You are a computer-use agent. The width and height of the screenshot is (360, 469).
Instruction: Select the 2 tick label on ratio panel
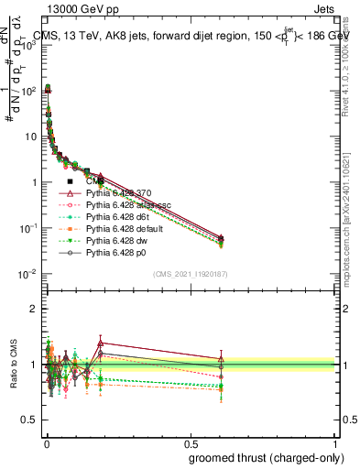tap(31, 309)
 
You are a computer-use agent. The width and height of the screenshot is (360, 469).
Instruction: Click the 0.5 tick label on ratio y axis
tap(27, 420)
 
